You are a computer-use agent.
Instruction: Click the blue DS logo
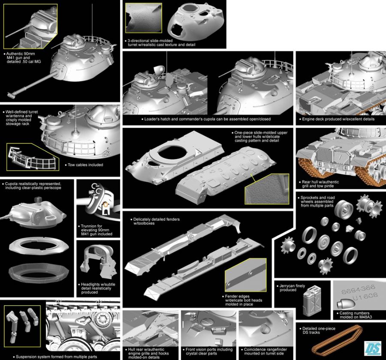pyautogui.click(x=373, y=348)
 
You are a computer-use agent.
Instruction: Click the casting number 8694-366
pyautogui.click(x=358, y=289)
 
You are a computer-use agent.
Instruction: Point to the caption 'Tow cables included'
pyautogui.click(x=85, y=165)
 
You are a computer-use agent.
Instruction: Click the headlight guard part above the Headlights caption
pyautogui.click(x=98, y=261)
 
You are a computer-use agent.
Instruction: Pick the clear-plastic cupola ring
pyautogui.click(x=39, y=273)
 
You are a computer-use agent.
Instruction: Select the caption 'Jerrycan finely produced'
pyautogui.click(x=292, y=288)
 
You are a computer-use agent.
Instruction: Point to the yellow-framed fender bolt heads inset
pyautogui.click(x=245, y=275)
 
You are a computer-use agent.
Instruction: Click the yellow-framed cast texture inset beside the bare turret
pyautogui.click(x=144, y=18)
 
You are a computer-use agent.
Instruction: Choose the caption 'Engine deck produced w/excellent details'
pyautogui.click(x=338, y=119)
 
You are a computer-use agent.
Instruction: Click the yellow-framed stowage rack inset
pyautogui.click(x=33, y=157)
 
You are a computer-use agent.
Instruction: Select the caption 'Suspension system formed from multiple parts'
pyautogui.click(x=56, y=357)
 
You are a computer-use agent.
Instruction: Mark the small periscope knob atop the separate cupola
pyautogui.click(x=39, y=199)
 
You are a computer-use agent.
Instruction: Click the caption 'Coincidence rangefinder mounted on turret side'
pyautogui.click(x=265, y=351)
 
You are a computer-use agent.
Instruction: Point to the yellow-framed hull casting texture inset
pyautogui.click(x=267, y=189)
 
